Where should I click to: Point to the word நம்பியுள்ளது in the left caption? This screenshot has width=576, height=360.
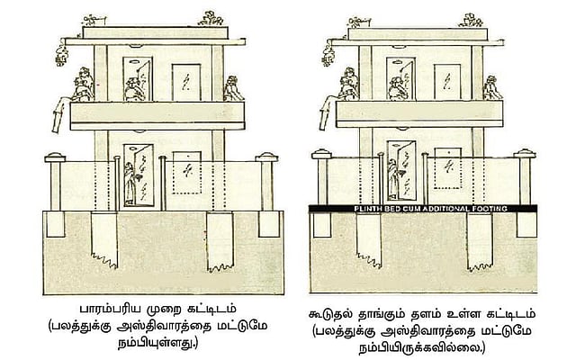click(x=157, y=343)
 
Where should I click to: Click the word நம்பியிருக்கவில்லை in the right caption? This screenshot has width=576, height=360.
click(x=421, y=347)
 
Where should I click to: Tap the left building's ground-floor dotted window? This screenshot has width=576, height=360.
click(x=187, y=173)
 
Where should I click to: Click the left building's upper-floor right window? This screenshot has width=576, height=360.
click(x=186, y=82)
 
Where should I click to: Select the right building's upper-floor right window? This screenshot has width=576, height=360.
click(x=447, y=82)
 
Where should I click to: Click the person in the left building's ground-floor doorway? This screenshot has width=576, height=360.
click(x=130, y=184)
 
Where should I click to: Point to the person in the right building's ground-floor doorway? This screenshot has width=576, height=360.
click(x=392, y=179)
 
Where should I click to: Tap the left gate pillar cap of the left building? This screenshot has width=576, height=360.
click(x=55, y=157)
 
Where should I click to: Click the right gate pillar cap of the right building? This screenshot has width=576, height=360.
click(x=525, y=154)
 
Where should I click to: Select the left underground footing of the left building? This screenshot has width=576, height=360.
click(x=104, y=239)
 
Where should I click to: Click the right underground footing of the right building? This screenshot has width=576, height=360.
click(x=480, y=241)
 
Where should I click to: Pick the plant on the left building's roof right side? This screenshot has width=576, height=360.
click(x=211, y=19)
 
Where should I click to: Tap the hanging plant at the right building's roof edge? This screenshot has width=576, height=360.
click(x=328, y=54)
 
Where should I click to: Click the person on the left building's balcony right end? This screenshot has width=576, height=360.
click(x=232, y=88)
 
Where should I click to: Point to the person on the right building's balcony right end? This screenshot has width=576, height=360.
click(x=492, y=88)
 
